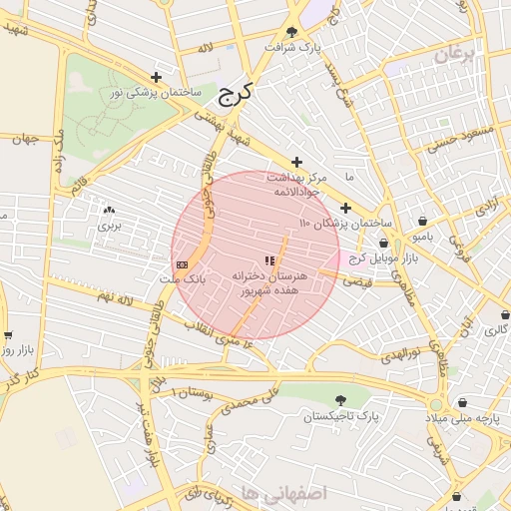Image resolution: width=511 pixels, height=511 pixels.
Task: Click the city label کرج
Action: point(236,95)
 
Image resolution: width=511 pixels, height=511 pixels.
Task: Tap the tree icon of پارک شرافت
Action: point(291,32)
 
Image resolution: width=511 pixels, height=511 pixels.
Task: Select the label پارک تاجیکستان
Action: point(343,414)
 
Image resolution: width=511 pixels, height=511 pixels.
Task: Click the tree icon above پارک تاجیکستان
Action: point(343,398)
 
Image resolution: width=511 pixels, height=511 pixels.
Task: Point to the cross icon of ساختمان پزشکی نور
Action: point(156,77)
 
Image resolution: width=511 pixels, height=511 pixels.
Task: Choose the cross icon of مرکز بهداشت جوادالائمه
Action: point(296,162)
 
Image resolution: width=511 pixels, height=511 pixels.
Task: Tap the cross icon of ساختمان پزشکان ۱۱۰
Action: point(345,209)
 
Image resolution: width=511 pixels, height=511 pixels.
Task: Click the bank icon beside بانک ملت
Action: point(181,264)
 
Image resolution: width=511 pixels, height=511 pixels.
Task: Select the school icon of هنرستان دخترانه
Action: point(268,259)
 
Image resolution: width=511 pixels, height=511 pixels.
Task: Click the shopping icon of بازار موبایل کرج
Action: point(384,243)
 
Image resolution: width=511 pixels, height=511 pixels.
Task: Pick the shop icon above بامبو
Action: point(423,222)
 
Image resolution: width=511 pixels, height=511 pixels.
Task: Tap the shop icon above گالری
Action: point(504,314)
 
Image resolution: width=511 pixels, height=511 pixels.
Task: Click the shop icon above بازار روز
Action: point(8,335)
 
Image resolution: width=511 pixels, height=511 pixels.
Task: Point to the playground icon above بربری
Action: point(108,210)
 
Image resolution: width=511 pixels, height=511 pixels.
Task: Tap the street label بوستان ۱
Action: point(194,393)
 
